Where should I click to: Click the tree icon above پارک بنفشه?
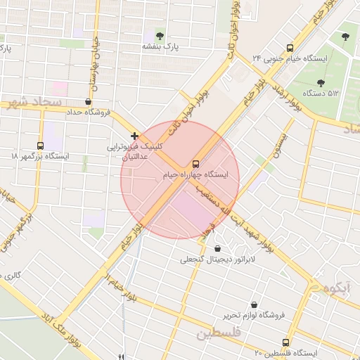(x=160, y=34)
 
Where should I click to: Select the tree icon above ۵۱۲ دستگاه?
(x=321, y=82)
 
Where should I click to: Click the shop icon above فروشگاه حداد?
(x=88, y=101)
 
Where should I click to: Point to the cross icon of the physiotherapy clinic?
(x=134, y=136)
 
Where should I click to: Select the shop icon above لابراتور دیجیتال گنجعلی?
(x=217, y=248)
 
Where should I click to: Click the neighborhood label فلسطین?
(x=219, y=333)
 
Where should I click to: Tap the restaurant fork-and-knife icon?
(x=121, y=356)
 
